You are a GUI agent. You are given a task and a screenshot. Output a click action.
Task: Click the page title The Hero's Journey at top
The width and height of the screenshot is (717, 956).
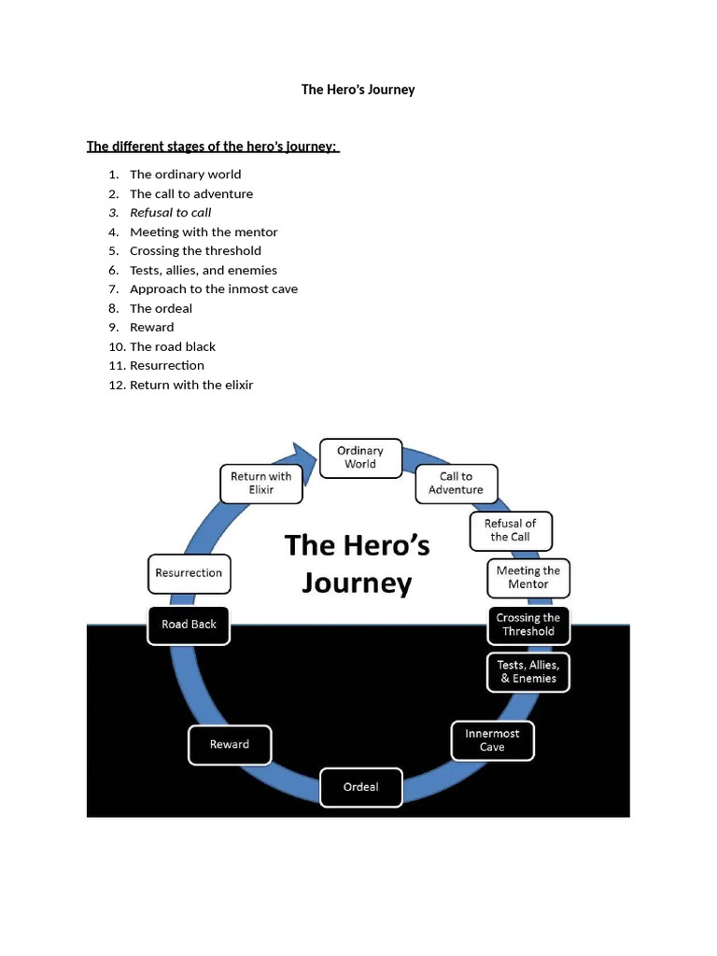pos(358,90)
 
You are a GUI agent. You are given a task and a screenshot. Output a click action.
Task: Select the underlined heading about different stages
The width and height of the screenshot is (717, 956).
pos(213,147)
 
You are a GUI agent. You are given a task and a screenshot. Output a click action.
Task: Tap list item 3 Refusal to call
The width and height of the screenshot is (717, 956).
pos(170,213)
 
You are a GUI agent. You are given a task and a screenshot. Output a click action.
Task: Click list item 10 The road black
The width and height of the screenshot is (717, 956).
pos(172,346)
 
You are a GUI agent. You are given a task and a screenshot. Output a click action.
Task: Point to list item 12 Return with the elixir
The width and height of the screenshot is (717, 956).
pos(190,385)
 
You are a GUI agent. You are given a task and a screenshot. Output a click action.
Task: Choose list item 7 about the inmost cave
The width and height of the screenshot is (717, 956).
pos(213,289)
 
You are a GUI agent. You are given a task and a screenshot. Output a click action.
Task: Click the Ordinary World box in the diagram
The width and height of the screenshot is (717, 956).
pos(360,457)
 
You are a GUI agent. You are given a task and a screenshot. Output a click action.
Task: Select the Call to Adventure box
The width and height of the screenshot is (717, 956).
pos(456,484)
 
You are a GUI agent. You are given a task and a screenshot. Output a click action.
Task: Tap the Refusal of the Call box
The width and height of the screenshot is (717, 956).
pos(510,530)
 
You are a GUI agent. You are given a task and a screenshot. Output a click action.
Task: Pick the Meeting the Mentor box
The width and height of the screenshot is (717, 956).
pos(527,578)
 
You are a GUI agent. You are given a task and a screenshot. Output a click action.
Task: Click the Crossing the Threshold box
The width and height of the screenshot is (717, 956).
pos(527,625)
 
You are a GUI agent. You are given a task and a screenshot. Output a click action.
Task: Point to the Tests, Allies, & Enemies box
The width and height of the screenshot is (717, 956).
pos(527,672)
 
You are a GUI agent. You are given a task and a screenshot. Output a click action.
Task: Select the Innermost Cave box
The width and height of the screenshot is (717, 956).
pos(492,740)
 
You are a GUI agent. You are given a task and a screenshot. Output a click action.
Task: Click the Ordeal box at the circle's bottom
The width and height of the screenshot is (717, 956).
pos(361,787)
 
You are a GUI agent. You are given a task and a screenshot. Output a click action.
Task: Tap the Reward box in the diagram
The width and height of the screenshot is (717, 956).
pos(230,745)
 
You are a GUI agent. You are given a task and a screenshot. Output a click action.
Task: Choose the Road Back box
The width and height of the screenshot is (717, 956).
pos(189,625)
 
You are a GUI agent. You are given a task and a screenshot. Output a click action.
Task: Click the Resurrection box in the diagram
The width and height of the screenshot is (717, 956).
pos(189,573)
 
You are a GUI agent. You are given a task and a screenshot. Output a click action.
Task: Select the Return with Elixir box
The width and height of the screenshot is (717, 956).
pos(260,484)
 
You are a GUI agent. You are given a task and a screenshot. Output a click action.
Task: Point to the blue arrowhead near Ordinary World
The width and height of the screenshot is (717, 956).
pos(304,458)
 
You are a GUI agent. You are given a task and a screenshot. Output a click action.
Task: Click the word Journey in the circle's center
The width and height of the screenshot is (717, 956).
pos(356,584)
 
